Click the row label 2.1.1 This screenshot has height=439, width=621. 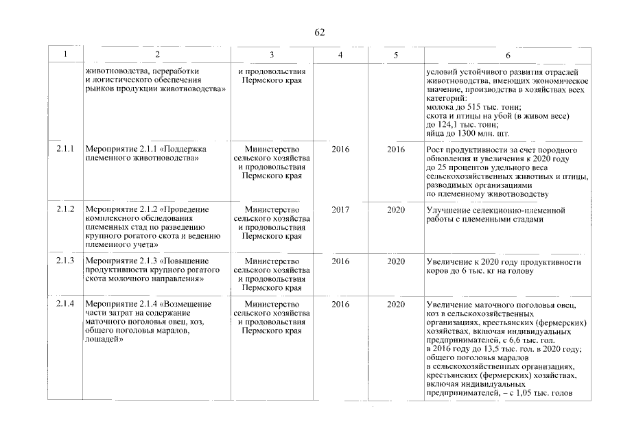(65, 149)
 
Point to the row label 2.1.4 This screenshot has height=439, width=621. (65, 304)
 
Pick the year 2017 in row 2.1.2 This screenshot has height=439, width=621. (340, 209)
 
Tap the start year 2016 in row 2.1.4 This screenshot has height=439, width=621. (340, 304)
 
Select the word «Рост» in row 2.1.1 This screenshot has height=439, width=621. (436, 149)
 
